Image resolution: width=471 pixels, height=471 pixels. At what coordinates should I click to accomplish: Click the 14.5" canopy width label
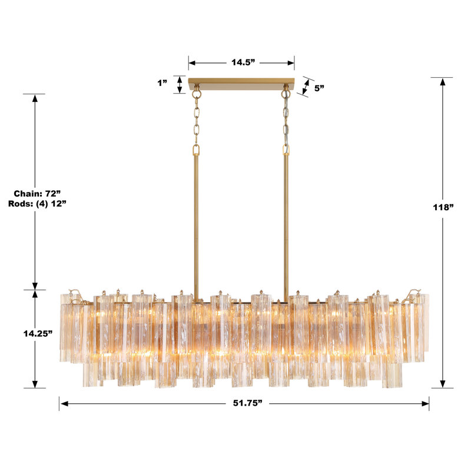point(241,62)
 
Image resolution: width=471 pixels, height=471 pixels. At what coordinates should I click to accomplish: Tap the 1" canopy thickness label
point(162,84)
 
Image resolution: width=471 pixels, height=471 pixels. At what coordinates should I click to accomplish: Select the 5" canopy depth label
point(320,88)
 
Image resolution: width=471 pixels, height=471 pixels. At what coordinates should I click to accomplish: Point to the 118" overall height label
point(442,207)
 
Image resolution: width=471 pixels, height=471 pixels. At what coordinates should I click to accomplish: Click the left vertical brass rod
point(195,224)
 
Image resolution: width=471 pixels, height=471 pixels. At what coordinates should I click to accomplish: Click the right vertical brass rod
point(287,224)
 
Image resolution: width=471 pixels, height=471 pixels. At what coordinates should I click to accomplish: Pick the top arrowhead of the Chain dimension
point(35,98)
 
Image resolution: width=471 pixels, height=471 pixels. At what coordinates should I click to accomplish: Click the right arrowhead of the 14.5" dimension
point(290,62)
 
